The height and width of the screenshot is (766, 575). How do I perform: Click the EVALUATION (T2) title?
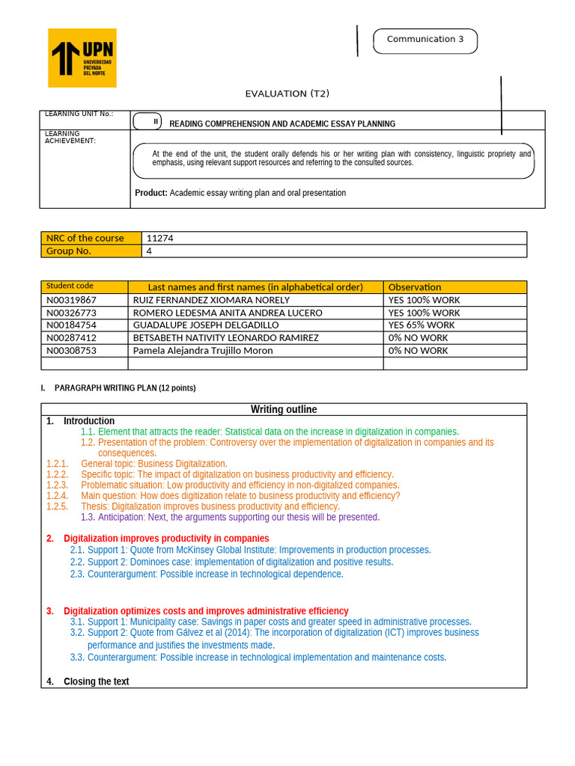(287, 94)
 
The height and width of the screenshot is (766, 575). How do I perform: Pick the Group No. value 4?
(150, 251)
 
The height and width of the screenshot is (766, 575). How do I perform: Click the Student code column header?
(70, 287)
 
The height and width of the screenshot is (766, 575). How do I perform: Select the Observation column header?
(415, 287)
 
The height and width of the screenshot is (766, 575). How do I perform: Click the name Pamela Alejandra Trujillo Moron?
(203, 351)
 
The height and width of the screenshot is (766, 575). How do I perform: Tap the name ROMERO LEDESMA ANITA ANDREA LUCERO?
(228, 313)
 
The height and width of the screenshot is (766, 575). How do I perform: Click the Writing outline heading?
(284, 409)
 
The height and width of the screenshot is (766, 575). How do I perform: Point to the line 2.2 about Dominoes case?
(240, 562)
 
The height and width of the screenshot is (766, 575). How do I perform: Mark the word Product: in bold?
(151, 193)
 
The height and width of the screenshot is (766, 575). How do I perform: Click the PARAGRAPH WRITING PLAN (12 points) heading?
(125, 388)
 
